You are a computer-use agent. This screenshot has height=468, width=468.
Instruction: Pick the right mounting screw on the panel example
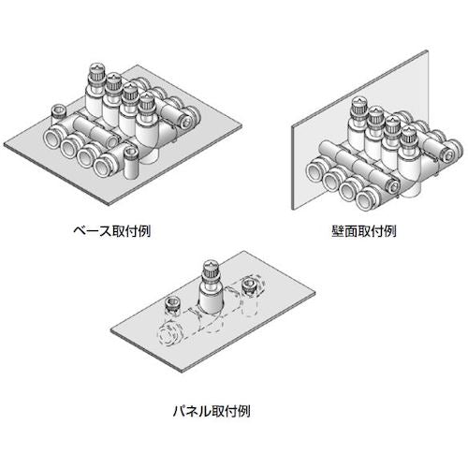coord(249,285)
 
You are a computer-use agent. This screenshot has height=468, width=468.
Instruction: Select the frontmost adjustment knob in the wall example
coord(410,127)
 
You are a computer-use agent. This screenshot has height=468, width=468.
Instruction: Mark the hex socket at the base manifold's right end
coord(192,119)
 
